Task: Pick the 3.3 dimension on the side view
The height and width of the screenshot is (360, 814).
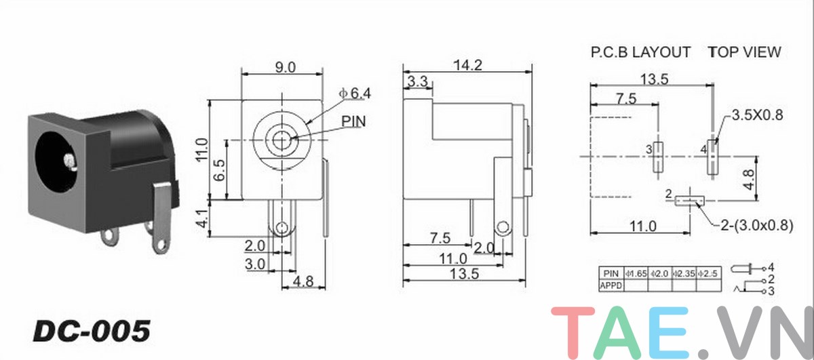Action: point(416,82)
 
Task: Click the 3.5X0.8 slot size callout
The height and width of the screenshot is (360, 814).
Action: point(757,115)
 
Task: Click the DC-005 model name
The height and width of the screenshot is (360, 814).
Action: point(91,331)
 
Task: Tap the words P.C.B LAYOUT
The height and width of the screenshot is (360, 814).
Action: point(640,52)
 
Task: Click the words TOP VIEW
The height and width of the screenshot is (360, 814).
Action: point(744,52)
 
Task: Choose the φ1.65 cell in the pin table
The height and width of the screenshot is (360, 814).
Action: point(635,273)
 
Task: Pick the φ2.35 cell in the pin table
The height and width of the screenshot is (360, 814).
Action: point(684,273)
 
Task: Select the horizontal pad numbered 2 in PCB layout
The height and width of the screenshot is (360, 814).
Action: point(691,201)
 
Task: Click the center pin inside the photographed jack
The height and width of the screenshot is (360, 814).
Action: point(69,161)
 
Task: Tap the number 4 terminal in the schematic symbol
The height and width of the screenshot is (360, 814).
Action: point(771,267)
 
